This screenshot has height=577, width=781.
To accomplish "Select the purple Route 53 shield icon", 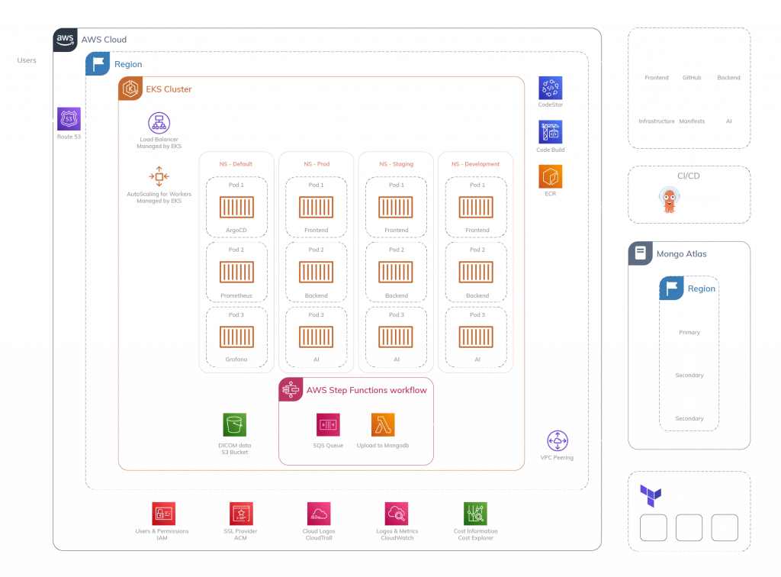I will [x=68, y=118].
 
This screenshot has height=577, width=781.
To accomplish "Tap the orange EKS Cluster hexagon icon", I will [x=130, y=89].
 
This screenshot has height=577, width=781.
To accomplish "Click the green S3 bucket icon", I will [x=235, y=424].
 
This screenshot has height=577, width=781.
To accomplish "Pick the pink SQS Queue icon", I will [x=328, y=424].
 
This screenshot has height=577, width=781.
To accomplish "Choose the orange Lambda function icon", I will [x=384, y=424].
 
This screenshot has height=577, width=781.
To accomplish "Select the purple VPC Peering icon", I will [x=558, y=441].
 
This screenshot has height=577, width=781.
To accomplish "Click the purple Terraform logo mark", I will [x=650, y=496].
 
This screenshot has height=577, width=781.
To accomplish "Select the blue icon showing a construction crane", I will [x=550, y=131].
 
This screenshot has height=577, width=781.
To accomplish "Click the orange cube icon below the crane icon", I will [x=550, y=176].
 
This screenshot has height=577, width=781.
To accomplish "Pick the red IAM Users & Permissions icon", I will [x=163, y=512].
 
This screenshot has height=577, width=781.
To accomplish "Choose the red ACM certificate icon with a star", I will [x=239, y=512].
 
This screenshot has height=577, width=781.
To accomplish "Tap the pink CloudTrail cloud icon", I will [x=317, y=512].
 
